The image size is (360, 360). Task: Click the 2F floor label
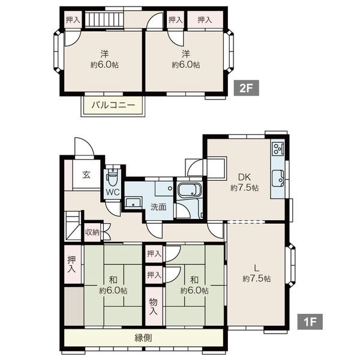(247, 88)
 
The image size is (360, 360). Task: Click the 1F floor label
(310, 322)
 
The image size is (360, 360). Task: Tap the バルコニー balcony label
(113, 105)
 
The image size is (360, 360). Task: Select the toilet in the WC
(112, 178)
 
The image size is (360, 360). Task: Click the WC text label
(113, 192)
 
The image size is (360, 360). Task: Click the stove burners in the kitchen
(278, 148)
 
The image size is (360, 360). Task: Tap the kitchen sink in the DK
(278, 178)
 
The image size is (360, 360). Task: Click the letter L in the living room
(256, 268)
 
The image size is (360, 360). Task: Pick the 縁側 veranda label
(143, 338)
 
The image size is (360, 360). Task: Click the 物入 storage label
(154, 306)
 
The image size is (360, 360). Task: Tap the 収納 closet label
(92, 232)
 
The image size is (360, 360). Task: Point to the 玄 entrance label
(86, 175)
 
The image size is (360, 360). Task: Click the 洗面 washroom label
(158, 207)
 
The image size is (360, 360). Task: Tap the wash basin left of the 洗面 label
(134, 203)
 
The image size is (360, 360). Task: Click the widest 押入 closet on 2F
(205, 20)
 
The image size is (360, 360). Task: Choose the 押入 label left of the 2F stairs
(73, 20)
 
